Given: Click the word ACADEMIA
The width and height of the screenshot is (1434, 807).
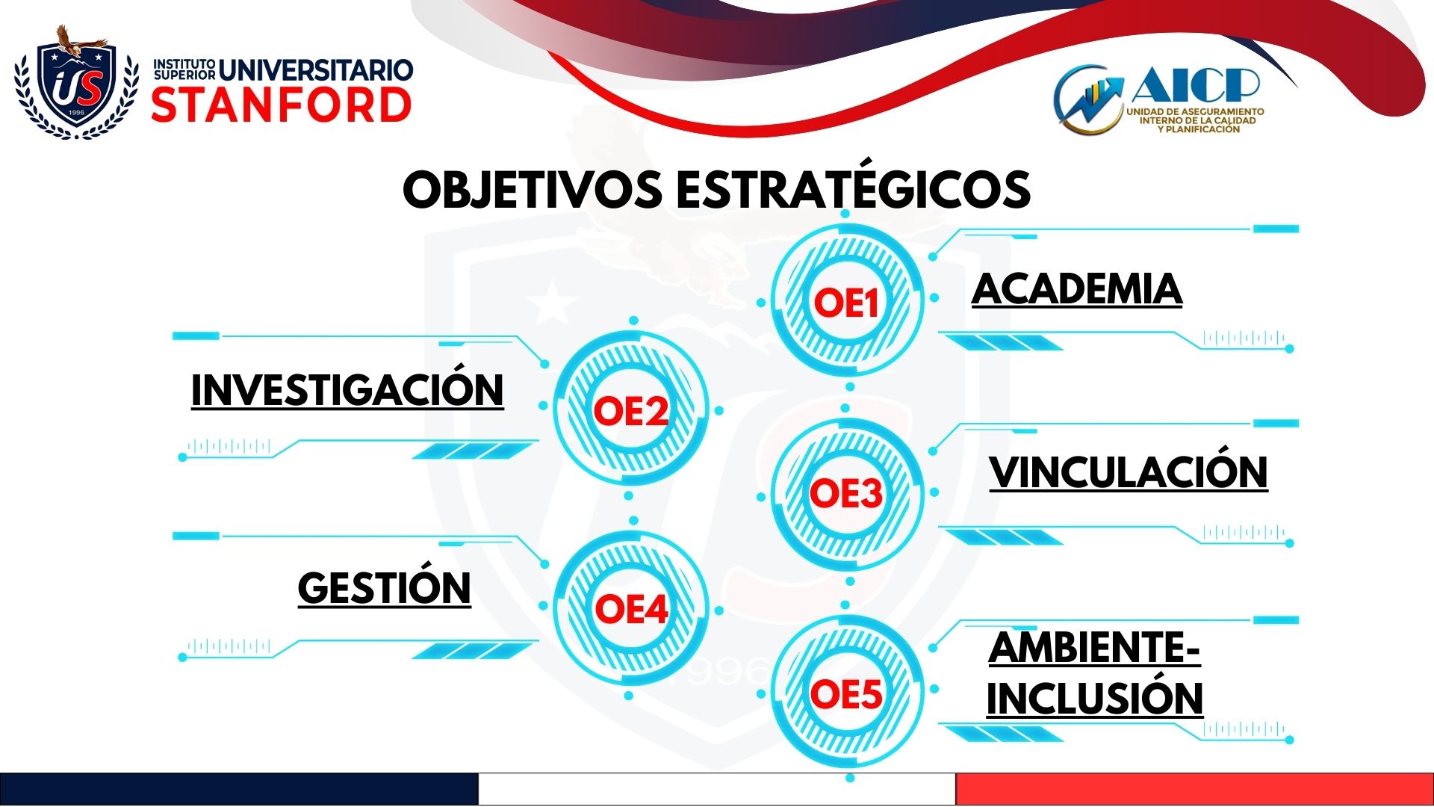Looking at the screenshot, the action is coord(1077,289).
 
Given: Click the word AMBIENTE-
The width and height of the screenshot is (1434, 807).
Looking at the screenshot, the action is coord(1094,647).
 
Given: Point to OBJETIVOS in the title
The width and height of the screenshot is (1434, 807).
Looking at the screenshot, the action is coord(533,189).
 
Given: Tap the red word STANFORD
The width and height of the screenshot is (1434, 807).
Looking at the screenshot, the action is coord(282,105).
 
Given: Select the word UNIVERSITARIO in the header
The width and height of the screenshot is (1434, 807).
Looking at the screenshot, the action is coord(316,70).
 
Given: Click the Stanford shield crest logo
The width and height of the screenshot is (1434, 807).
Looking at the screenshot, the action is coord(77,83).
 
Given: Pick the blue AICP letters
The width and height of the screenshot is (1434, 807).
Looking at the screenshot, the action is coord(1196,84).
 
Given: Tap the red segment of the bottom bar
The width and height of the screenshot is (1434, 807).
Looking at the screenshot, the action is coord(1195,789).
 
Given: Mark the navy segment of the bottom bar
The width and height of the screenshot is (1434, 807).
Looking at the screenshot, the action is coord(239,789).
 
